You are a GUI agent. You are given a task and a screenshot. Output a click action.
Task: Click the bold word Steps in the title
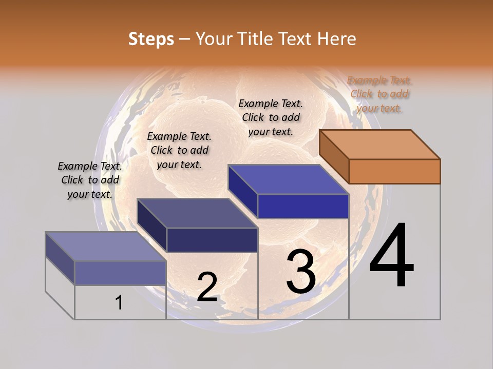pyautogui.click(x=151, y=39)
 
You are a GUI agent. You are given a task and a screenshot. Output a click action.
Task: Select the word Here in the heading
pyautogui.click(x=336, y=39)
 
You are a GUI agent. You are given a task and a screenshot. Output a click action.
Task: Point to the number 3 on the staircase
pyautogui.click(x=301, y=272)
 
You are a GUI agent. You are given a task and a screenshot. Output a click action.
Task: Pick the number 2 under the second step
pyautogui.click(x=207, y=287)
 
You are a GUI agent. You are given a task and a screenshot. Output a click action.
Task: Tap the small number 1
pyautogui.click(x=119, y=303)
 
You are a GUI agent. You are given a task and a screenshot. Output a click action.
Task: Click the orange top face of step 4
pyautogui.click(x=380, y=145)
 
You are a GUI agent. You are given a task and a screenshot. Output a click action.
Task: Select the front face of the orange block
pyautogui.click(x=394, y=171)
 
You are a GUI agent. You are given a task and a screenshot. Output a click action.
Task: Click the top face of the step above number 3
pyautogui.click(x=288, y=179)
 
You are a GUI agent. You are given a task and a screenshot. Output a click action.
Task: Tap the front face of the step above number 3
pyautogui.click(x=303, y=207)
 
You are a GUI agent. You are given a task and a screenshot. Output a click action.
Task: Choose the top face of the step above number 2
pyautogui.click(x=197, y=213)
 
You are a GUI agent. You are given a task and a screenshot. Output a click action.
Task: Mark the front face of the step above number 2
pyautogui.click(x=212, y=240)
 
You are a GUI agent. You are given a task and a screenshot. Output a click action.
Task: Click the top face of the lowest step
pyautogui.click(x=106, y=247)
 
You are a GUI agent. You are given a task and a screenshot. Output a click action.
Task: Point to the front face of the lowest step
pyautogui.click(x=120, y=273)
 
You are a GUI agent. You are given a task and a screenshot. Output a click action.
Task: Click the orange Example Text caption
pyautogui.click(x=380, y=94)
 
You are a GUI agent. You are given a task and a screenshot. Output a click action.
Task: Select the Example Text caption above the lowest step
pyautogui.click(x=90, y=180)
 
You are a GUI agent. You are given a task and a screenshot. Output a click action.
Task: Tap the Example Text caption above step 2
pyautogui.click(x=179, y=151)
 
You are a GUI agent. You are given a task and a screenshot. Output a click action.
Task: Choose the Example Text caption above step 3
pyautogui.click(x=271, y=118)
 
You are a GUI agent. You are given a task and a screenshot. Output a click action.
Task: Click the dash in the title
pyautogui.click(x=185, y=39)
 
